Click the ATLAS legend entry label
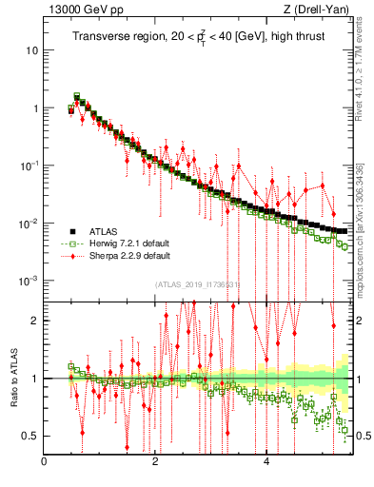coord(104,231)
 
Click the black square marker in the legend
coord(71,231)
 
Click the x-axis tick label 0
coord(45,462)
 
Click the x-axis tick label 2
coord(155,462)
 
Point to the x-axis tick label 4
coord(266,462)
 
